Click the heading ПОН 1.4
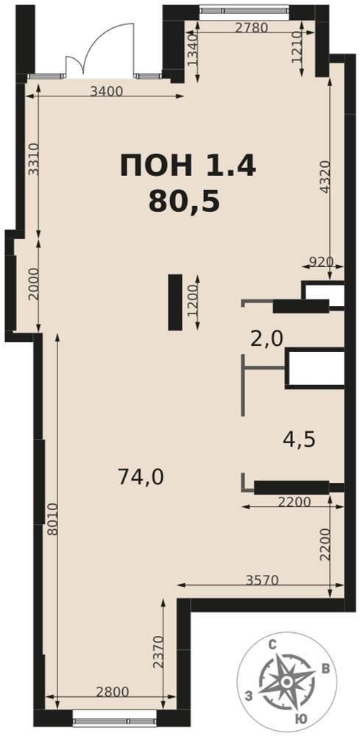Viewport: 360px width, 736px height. click(188, 166)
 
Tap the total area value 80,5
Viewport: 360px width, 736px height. click(185, 202)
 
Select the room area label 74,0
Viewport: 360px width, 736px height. click(141, 478)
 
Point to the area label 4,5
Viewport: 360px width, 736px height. click(298, 439)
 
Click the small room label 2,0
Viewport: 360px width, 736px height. click(267, 338)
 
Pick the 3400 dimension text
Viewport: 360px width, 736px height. click(106, 91)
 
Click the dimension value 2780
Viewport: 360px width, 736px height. click(252, 27)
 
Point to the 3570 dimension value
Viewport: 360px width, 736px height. click(262, 580)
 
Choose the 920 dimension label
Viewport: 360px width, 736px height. click(322, 261)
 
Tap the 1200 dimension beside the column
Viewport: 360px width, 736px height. click(192, 302)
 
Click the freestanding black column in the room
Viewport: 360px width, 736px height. click(174, 302)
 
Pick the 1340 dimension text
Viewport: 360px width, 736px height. click(191, 45)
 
